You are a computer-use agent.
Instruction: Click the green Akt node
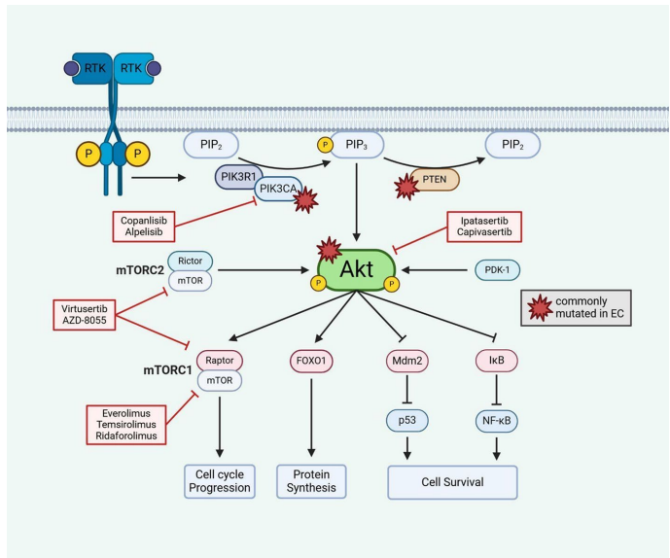[355, 266]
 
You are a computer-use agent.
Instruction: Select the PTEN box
[435, 179]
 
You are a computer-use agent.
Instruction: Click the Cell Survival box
[451, 480]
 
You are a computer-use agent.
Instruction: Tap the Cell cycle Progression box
[218, 480]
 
